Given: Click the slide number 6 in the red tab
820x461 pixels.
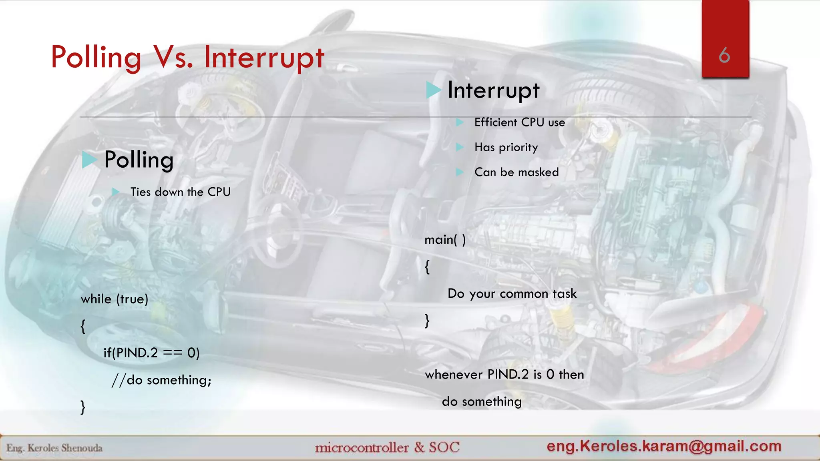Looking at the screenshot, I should [x=724, y=55].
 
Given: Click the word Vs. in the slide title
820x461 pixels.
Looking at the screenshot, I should [x=173, y=57].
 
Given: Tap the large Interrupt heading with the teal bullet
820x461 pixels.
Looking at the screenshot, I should [x=493, y=90].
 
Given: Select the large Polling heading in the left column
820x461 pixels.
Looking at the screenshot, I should [x=139, y=160].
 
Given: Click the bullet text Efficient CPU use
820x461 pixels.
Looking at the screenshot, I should [x=519, y=122].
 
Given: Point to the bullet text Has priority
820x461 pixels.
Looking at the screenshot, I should [x=506, y=147].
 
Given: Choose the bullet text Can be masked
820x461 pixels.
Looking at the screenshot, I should [x=517, y=172].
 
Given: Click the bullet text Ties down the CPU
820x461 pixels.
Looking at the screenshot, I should [x=180, y=192].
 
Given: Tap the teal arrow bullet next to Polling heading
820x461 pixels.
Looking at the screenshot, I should [x=89, y=160].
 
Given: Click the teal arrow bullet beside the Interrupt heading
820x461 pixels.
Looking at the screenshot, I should [x=433, y=90].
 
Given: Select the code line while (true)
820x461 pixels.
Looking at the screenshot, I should [x=115, y=299].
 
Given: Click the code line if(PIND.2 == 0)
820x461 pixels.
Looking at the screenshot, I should [x=151, y=353].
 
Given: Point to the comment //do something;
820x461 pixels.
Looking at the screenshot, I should [x=161, y=380].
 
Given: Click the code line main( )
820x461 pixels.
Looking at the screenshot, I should [x=445, y=240].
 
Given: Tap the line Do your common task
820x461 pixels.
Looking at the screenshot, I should [x=512, y=294].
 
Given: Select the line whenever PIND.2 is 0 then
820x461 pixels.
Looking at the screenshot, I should [x=504, y=375].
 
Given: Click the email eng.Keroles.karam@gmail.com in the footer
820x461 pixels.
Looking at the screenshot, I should [x=664, y=446].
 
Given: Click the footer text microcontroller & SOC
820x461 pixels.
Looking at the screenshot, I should [x=387, y=447].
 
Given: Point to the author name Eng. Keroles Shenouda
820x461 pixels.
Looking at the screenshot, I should [x=54, y=448].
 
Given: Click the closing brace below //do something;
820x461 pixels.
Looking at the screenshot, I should [x=83, y=407].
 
